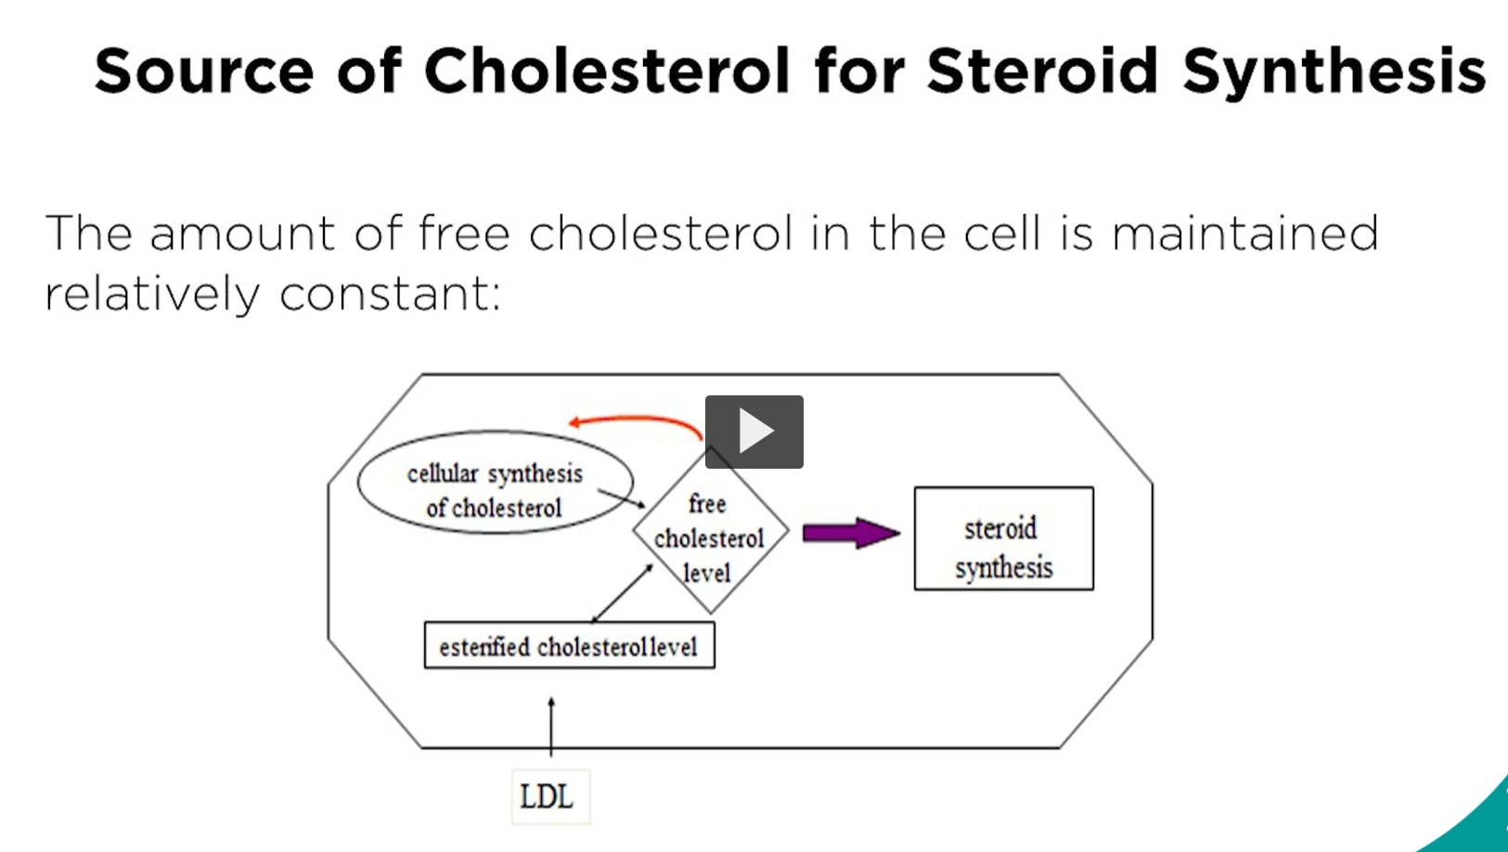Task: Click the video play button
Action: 754,432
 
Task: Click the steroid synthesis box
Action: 1003,538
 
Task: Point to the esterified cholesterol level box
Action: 569,646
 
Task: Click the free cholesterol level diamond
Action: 710,538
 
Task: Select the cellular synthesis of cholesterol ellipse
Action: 495,483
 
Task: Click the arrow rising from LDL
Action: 551,729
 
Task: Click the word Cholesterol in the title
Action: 607,71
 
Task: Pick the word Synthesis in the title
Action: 1334,71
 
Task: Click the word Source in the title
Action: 204,71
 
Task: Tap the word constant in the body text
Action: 390,294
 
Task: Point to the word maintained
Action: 1244,233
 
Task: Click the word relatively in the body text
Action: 152,294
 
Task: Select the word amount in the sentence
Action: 241,233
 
